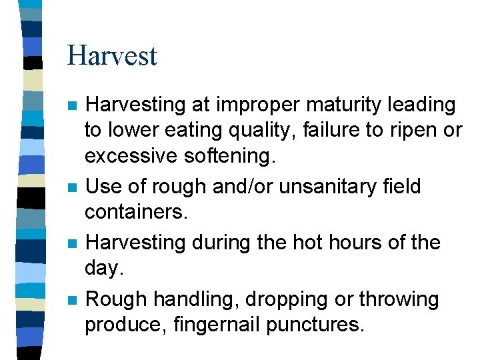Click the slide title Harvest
(x=112, y=55)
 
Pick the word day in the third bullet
(x=103, y=268)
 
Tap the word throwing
(x=399, y=300)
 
